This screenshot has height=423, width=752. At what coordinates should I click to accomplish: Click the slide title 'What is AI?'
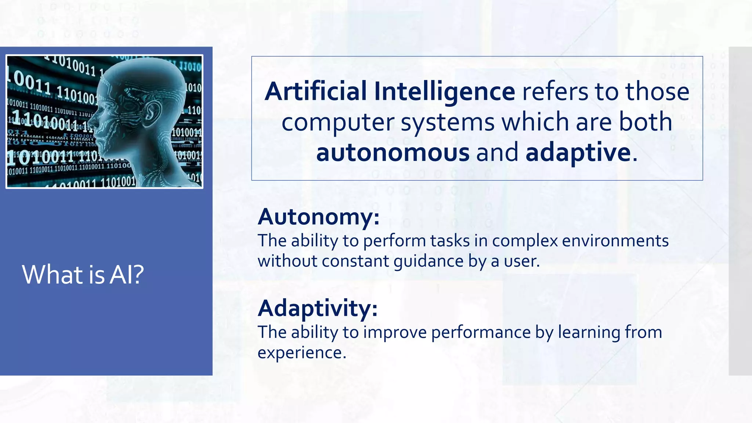point(83,275)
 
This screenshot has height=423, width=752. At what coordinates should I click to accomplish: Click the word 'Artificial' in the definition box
point(315,91)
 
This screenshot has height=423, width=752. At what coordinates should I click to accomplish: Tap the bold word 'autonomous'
point(393,152)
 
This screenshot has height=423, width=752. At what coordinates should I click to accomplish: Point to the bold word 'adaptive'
point(578,152)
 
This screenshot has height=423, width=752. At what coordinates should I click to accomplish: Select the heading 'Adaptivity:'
point(318,308)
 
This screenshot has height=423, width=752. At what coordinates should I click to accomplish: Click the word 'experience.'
point(302,353)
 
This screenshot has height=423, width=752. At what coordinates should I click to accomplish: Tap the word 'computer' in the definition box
point(338,122)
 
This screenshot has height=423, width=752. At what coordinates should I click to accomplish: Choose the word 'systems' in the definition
point(448,122)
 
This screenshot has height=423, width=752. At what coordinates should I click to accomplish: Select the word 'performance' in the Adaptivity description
point(481,332)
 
